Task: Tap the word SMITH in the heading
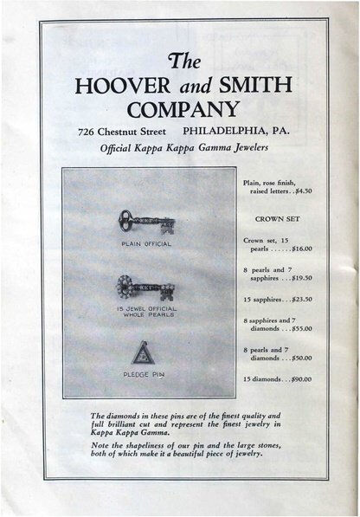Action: pyautogui.click(x=253, y=87)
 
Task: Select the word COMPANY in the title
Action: pyautogui.click(x=183, y=110)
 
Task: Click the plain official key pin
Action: pyautogui.click(x=146, y=222)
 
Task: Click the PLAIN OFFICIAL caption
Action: pyautogui.click(x=146, y=243)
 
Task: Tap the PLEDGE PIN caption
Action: pyautogui.click(x=145, y=374)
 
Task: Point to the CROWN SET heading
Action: pyautogui.click(x=277, y=219)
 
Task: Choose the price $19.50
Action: pyautogui.click(x=297, y=278)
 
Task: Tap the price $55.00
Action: pyautogui.click(x=297, y=329)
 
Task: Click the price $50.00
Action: pyautogui.click(x=297, y=358)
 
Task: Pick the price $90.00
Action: pyautogui.click(x=297, y=379)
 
